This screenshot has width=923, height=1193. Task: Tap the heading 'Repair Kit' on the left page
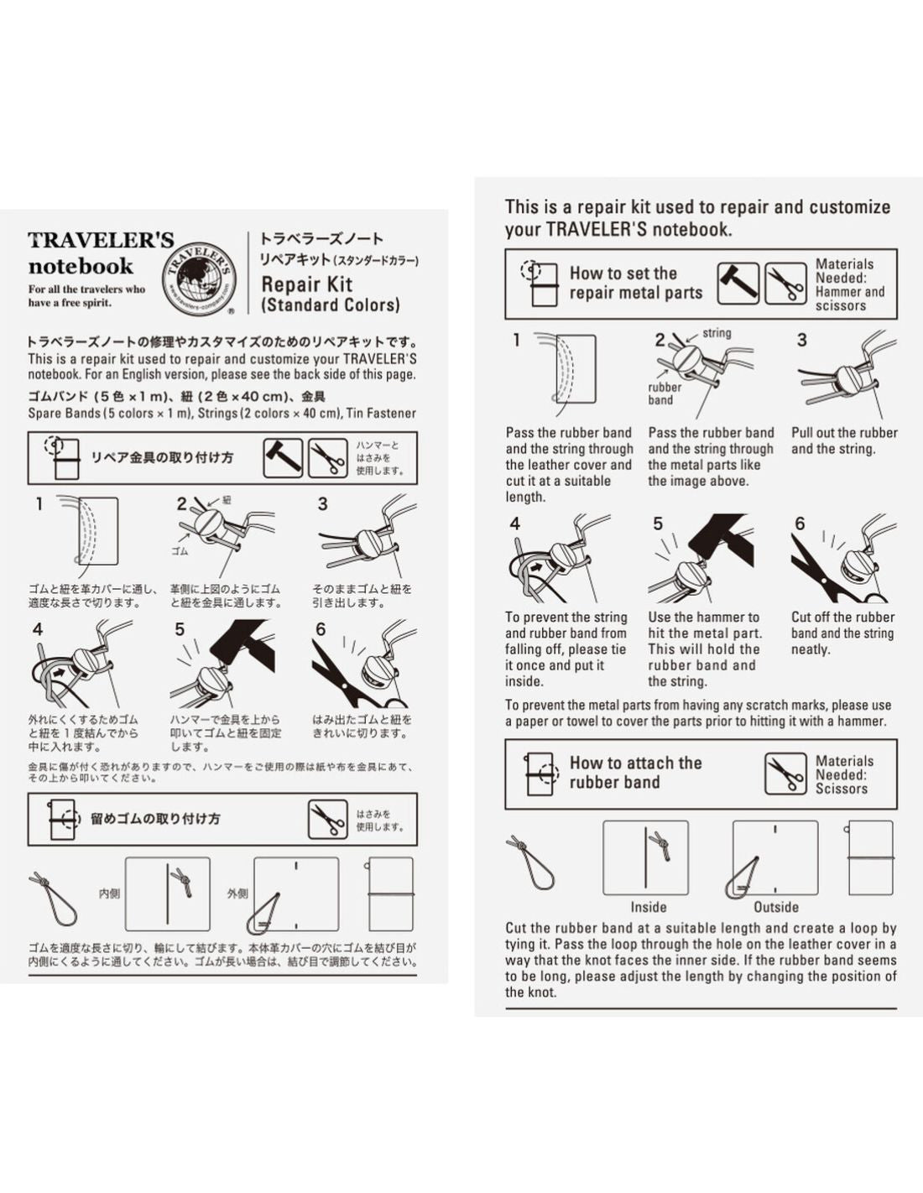pos(306,284)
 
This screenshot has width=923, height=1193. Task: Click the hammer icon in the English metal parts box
pos(738,284)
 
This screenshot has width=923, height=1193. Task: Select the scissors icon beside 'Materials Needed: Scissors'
pos(785,774)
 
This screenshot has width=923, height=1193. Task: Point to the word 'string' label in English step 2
pos(717,333)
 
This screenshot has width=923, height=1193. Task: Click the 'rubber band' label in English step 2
pos(664,393)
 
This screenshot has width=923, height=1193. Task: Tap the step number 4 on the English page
pos(514,524)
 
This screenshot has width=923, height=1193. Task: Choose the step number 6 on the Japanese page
pos(321,629)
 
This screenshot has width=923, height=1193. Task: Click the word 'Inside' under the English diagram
pos(648,907)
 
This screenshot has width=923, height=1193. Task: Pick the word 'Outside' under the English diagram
pos(775,907)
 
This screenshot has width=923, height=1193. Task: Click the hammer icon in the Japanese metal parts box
pos(283,458)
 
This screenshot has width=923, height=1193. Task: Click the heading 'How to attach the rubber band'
pos(635,773)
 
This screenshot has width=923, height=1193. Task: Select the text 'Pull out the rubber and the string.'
pos(843,440)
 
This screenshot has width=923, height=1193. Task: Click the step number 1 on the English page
pos(517,340)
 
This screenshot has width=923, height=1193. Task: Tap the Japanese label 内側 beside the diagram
pos(110,893)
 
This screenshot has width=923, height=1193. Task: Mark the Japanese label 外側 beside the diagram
pos(237,893)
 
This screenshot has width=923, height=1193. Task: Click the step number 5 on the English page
pos(658,524)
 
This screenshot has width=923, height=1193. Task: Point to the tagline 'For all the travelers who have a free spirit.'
pos(86,296)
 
